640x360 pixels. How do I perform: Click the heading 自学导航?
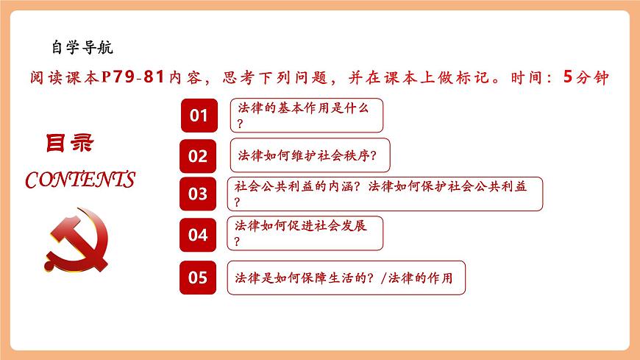coord(82,48)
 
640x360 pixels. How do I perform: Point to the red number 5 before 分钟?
coord(566,77)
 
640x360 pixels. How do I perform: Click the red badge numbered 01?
coord(199,116)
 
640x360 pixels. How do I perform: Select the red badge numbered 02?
coord(199,155)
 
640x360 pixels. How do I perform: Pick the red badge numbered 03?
coord(199,194)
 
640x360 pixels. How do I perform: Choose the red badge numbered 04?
coord(199,235)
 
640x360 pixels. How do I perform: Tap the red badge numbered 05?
coord(199,278)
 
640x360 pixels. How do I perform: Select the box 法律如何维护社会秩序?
coord(310,155)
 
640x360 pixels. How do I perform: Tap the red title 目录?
coord(71,143)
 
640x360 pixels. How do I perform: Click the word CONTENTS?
coord(80,180)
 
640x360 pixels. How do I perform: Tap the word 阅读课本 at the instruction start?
coord(60,77)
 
